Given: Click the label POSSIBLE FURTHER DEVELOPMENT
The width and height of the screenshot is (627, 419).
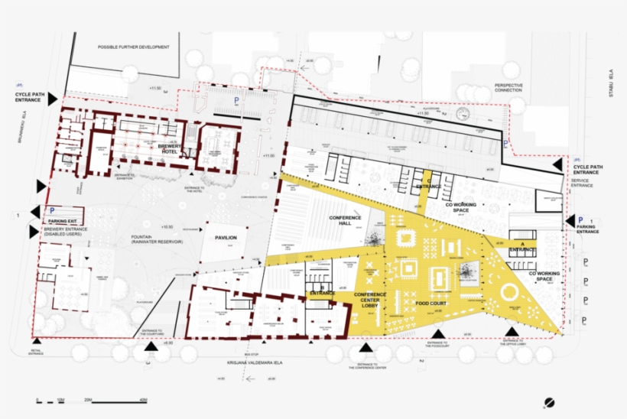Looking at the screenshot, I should coord(133,47).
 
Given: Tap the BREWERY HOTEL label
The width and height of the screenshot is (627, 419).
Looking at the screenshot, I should coord(168,148).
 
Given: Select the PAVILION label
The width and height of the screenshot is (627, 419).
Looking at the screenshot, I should coord(226,238).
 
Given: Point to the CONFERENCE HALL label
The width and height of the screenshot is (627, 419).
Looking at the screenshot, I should coord(345,221).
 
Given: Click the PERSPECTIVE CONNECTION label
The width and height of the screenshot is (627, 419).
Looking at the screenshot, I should coord(508,88).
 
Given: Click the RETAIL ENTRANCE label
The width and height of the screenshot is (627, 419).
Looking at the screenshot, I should coord(37,353).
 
